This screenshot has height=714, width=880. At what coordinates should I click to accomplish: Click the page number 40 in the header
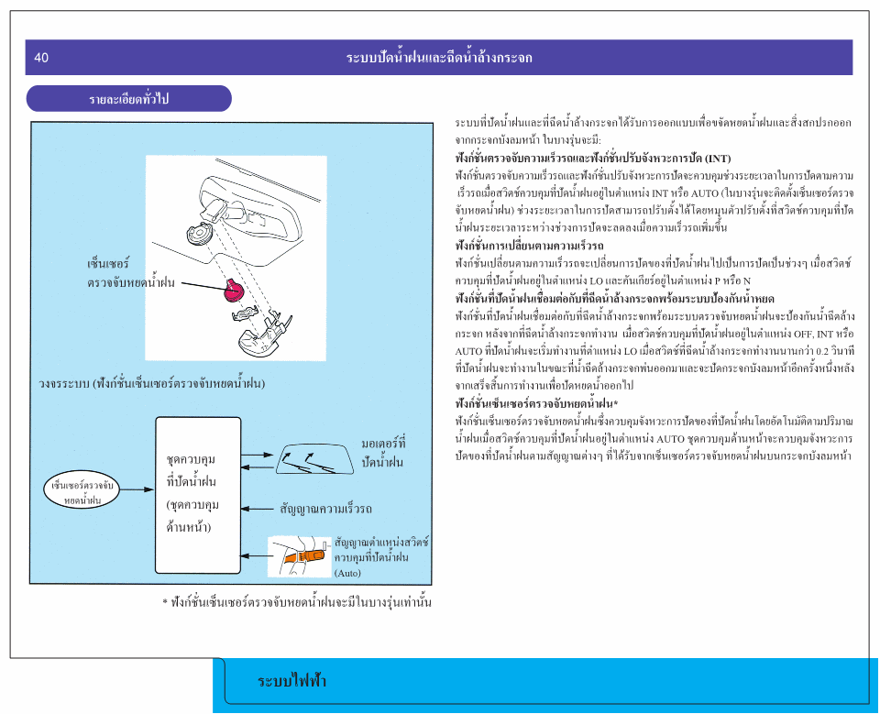41,58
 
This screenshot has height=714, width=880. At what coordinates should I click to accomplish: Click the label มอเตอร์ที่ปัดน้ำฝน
383,453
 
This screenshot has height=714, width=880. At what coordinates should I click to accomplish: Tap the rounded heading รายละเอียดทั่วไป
129,98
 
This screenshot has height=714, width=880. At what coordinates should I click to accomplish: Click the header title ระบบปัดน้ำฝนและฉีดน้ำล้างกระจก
439,58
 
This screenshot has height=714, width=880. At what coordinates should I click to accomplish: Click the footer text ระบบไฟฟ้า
292,681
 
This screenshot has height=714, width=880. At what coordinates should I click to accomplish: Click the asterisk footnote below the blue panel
297,602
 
